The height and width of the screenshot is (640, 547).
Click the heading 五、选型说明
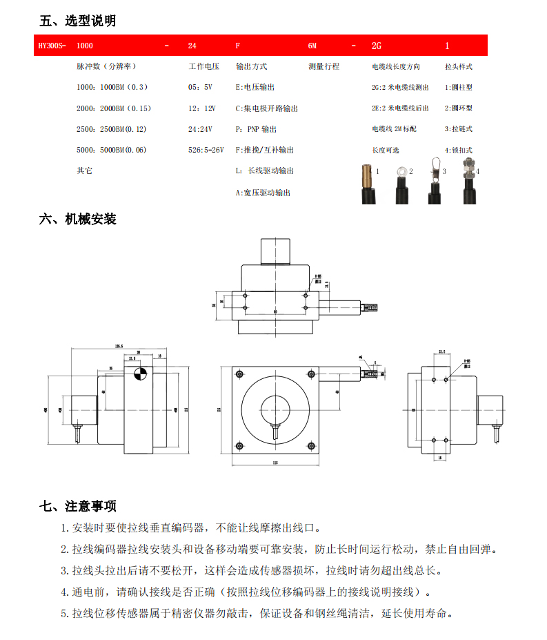pos(77,21)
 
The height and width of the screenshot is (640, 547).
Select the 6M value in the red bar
pos(312,46)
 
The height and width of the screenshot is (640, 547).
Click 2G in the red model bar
pos(377,46)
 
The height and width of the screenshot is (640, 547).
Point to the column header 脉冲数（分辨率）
pos(107,67)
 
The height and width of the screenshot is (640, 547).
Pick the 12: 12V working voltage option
pos(202,108)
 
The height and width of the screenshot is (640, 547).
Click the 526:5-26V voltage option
pos(206,150)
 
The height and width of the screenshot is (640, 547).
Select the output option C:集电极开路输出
pos(267,108)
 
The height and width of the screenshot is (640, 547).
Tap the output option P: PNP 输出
pos(256,129)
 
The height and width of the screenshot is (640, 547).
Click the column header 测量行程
pos(324,67)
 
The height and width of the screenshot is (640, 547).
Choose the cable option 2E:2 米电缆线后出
pos(400,108)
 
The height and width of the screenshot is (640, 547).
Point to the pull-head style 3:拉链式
pos(459,129)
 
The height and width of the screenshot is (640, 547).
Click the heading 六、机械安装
pos(77,220)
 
